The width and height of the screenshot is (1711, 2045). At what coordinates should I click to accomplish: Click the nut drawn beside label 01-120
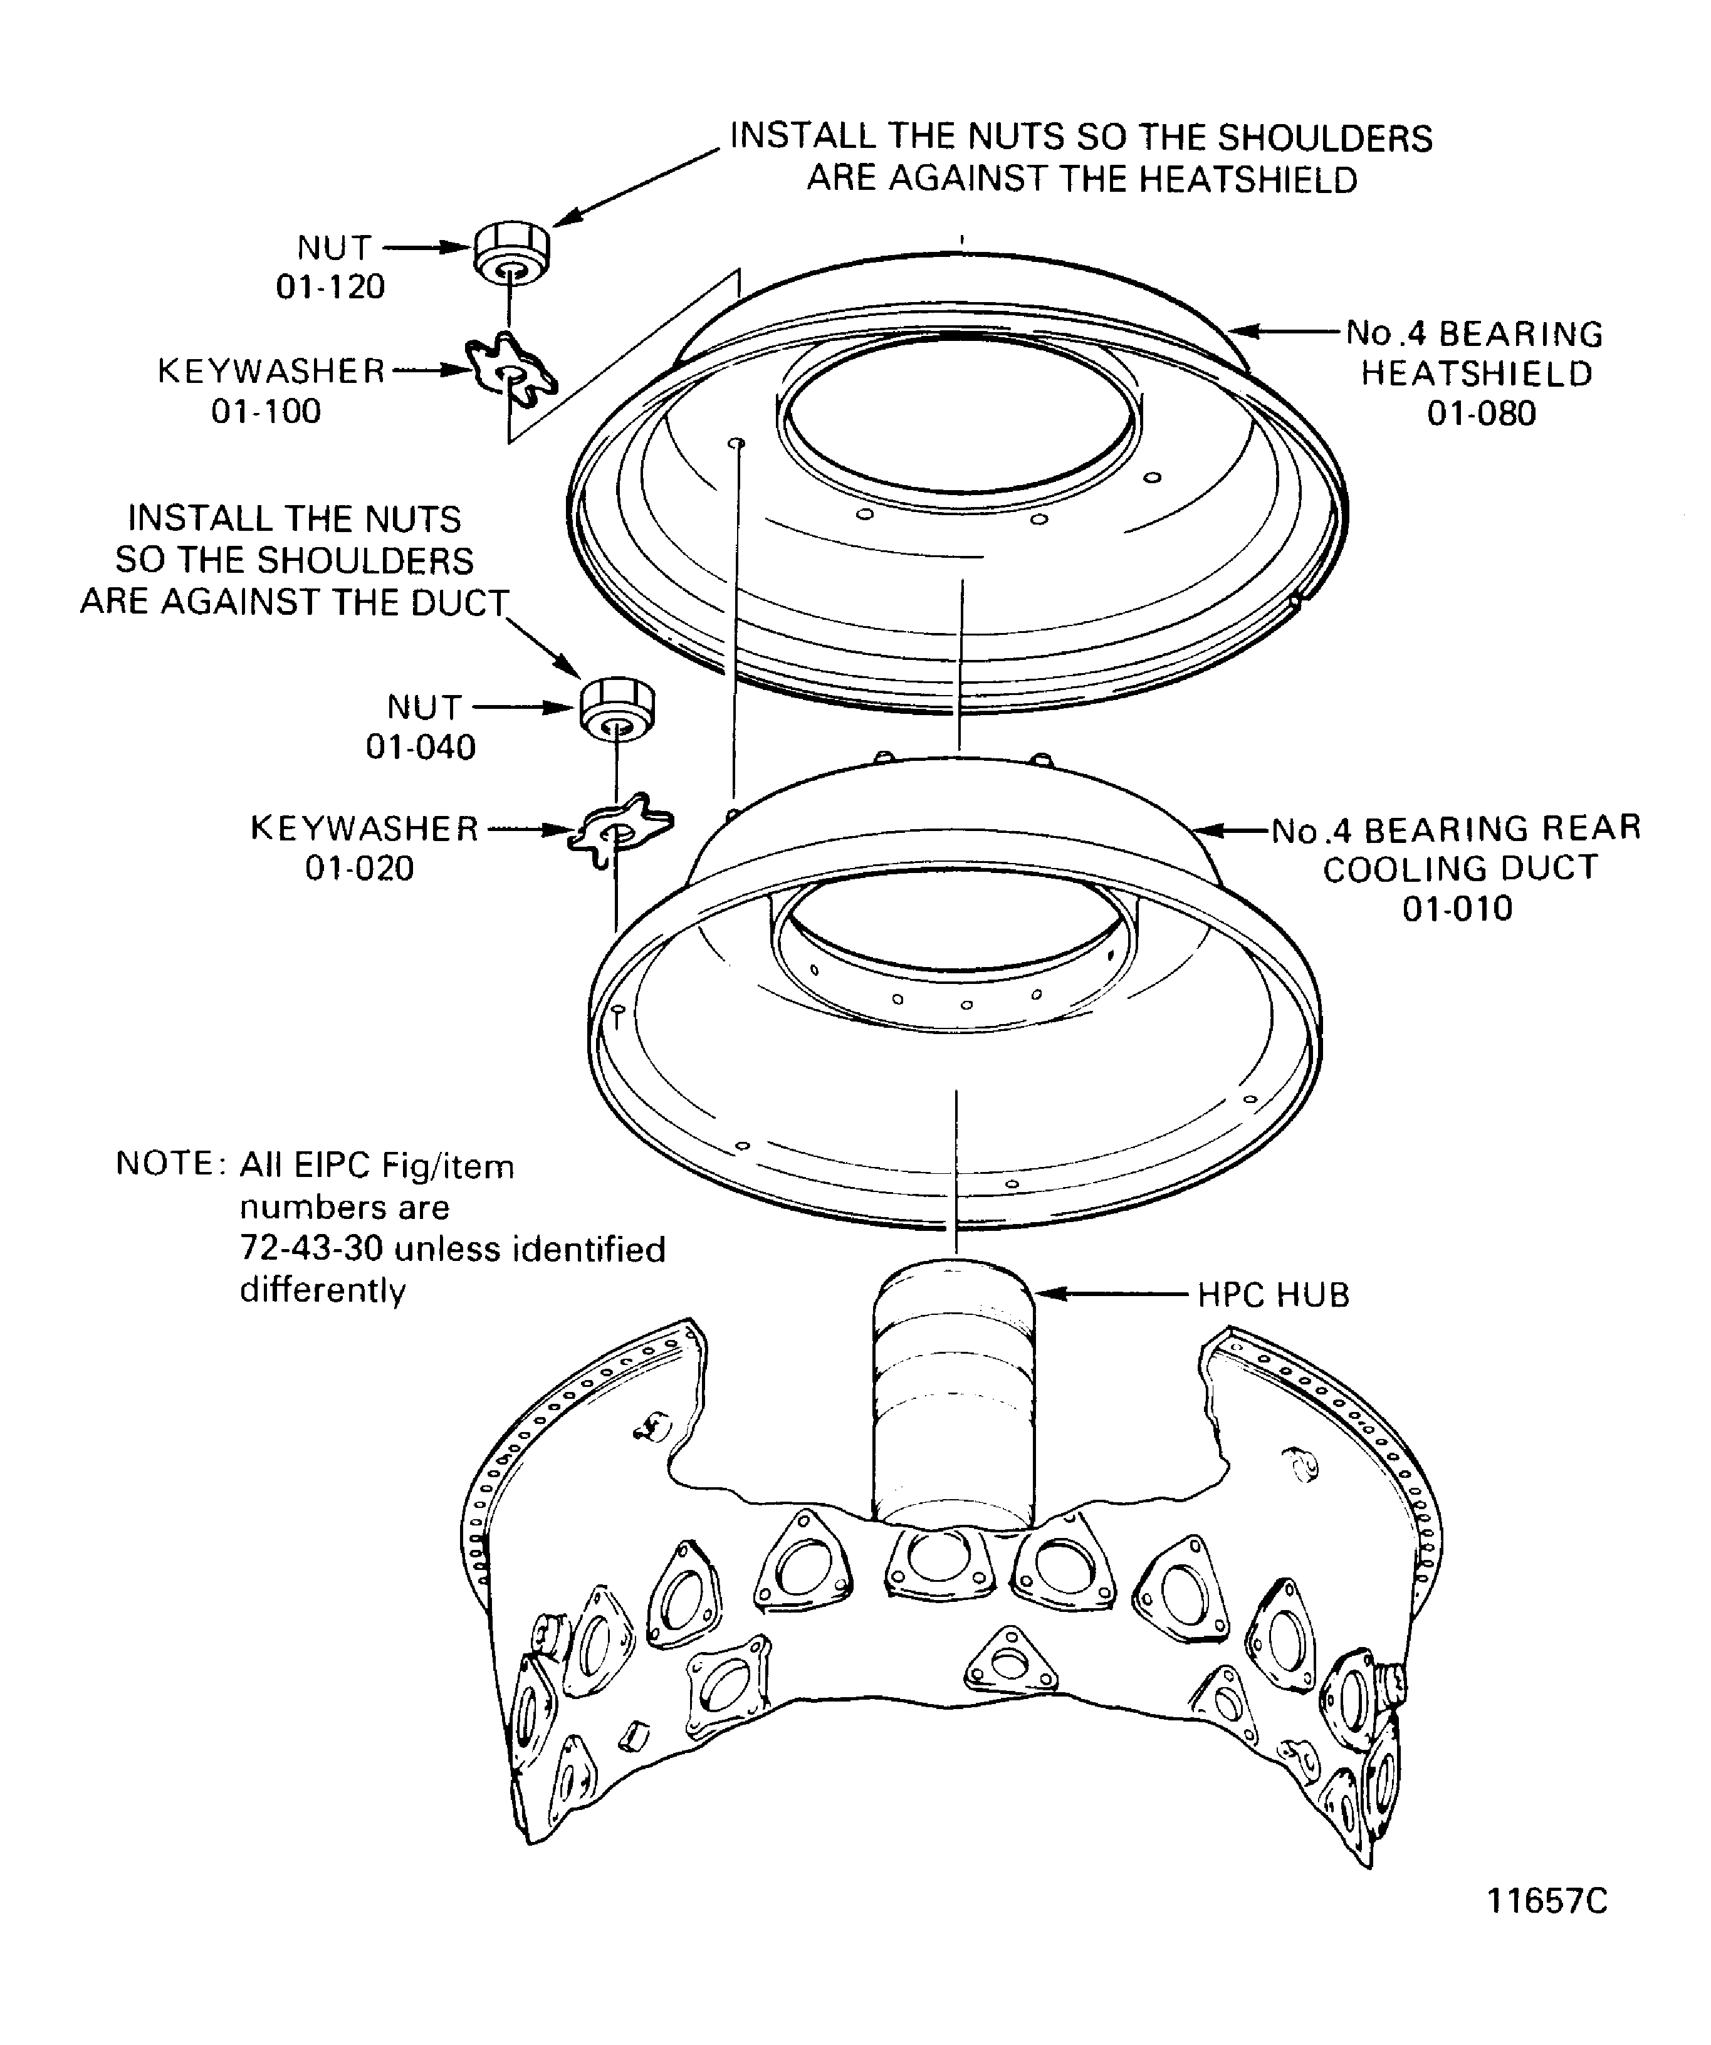[512, 251]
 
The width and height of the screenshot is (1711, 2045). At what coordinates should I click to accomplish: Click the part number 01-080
[1481, 413]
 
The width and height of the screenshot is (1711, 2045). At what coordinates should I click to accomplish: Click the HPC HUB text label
[1273, 1295]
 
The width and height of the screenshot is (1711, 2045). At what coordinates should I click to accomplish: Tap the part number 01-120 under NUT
[330, 286]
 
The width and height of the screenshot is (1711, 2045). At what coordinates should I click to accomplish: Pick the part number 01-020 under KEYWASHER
[359, 867]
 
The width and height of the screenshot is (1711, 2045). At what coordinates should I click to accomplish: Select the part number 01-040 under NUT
[421, 747]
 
